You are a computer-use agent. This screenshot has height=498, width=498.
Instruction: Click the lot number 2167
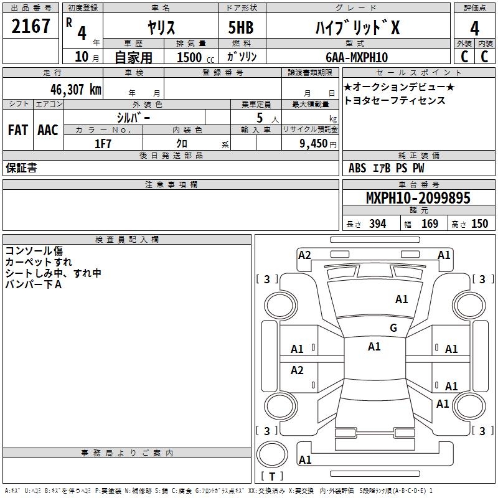(x=31, y=26)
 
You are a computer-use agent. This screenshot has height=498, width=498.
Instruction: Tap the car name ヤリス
(x=161, y=27)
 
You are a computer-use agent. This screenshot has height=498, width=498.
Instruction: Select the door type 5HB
(x=241, y=27)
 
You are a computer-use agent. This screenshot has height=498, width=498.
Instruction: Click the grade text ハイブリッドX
(x=357, y=27)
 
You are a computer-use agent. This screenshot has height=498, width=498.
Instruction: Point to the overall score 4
(x=474, y=29)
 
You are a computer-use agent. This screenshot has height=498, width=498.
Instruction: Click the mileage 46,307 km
(x=76, y=90)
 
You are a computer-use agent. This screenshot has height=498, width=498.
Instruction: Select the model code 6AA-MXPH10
(x=357, y=57)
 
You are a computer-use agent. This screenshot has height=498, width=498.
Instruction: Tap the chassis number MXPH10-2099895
(x=418, y=198)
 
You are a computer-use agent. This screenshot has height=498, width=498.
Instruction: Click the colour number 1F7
(x=103, y=144)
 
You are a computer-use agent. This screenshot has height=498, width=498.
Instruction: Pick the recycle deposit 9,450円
(x=318, y=144)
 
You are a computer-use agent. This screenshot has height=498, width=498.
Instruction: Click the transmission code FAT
(x=18, y=130)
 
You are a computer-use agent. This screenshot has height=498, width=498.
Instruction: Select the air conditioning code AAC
(x=48, y=130)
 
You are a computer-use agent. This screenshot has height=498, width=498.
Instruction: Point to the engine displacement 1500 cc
(x=195, y=57)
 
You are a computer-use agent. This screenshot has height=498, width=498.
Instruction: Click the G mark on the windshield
(x=393, y=327)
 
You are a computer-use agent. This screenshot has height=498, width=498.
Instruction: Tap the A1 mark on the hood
(x=402, y=299)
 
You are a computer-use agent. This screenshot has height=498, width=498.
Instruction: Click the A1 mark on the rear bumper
(x=305, y=459)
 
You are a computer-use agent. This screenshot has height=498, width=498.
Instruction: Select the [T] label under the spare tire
(x=272, y=476)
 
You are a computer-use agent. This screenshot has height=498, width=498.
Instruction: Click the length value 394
(x=378, y=223)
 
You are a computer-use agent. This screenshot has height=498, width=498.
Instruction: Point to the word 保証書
(x=21, y=168)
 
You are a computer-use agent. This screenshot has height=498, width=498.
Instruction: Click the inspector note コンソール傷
(x=34, y=251)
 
